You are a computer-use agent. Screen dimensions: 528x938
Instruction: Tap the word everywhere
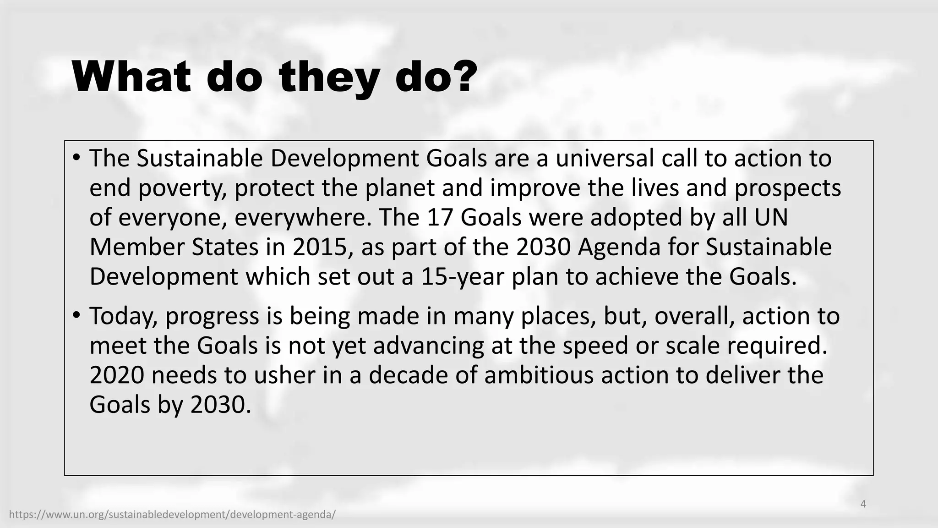click(x=303, y=217)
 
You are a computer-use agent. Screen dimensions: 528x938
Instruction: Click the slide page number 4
click(x=863, y=504)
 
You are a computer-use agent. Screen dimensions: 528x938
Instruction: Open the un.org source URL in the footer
click(x=172, y=515)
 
